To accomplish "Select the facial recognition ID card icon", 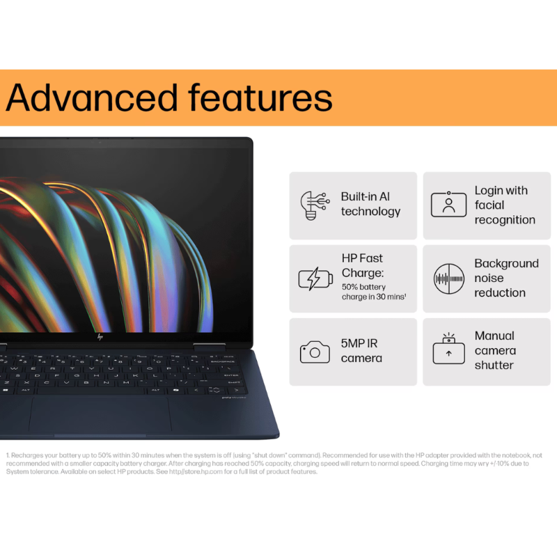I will [x=448, y=205].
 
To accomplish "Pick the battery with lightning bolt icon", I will [x=315, y=278].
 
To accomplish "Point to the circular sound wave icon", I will [x=448, y=278].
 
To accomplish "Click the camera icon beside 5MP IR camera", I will [x=315, y=352].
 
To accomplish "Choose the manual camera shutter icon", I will [x=448, y=350].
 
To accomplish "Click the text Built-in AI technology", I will [x=370, y=204].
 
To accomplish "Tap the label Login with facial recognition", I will [x=504, y=205].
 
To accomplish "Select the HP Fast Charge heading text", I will [x=362, y=265].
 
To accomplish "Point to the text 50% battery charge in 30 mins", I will [x=373, y=292].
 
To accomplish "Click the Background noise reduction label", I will [x=506, y=278].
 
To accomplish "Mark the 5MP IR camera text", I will [x=361, y=351].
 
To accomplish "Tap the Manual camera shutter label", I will [x=495, y=350].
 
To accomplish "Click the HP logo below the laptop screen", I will [x=100, y=337].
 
